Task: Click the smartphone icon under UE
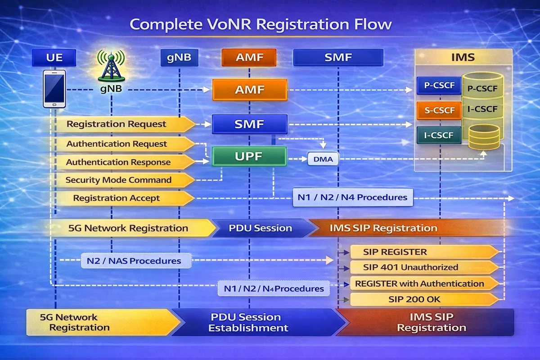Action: pos(55,89)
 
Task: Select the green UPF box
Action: pos(249,157)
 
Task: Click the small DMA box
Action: pos(323,159)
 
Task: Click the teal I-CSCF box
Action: pos(439,134)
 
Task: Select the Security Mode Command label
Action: pos(119,180)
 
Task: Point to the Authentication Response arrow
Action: pos(119,162)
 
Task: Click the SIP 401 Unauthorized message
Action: pos(423,267)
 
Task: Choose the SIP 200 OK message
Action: pos(423,299)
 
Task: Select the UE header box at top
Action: pos(54,58)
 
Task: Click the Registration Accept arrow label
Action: pos(117,198)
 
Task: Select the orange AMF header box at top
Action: pos(249,58)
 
